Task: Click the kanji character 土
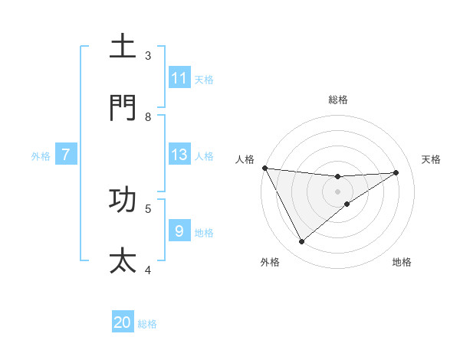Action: pyautogui.click(x=123, y=46)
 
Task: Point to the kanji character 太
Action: pyautogui.click(x=123, y=260)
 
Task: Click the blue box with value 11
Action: pyautogui.click(x=179, y=78)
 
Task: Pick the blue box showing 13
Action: pyautogui.click(x=179, y=155)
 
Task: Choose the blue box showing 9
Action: pyautogui.click(x=179, y=231)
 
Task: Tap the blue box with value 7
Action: pyautogui.click(x=66, y=155)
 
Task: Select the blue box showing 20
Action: pyautogui.click(x=123, y=322)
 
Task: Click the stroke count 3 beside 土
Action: pyautogui.click(x=148, y=56)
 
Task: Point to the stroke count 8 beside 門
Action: pyautogui.click(x=148, y=117)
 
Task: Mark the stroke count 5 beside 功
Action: pyautogui.click(x=148, y=208)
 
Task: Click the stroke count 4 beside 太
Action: pyautogui.click(x=148, y=270)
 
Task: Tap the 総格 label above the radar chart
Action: pyautogui.click(x=338, y=100)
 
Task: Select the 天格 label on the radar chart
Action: pyautogui.click(x=431, y=159)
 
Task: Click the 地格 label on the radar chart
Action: pyautogui.click(x=402, y=262)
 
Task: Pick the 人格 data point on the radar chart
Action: pyautogui.click(x=264, y=168)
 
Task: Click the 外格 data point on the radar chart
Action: pyautogui.click(x=301, y=242)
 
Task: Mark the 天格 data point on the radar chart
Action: pyautogui.click(x=396, y=172)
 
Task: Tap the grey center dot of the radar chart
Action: pyautogui.click(x=338, y=191)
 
